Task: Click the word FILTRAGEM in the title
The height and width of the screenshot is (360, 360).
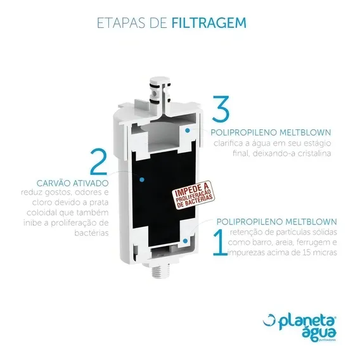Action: (209, 23)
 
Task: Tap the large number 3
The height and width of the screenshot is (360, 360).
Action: (221, 108)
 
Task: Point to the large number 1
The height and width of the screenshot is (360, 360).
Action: (220, 241)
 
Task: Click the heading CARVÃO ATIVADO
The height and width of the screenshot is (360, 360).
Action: (72, 183)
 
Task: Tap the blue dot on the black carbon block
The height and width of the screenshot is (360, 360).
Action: (142, 179)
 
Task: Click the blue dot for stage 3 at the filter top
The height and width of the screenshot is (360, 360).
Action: (188, 131)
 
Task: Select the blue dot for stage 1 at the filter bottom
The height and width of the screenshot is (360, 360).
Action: (185, 241)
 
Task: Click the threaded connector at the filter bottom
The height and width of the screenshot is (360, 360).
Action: (160, 271)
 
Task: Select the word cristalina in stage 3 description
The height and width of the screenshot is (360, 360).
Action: (314, 153)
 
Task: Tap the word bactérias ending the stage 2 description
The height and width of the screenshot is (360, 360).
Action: (91, 233)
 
